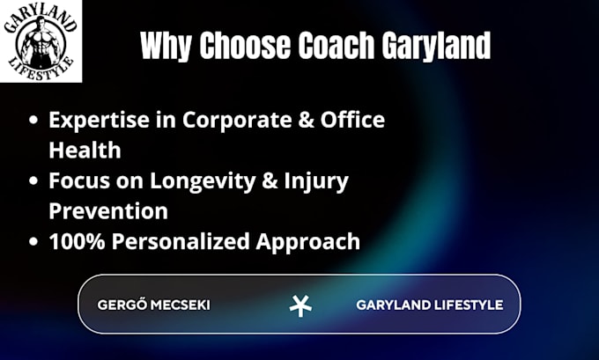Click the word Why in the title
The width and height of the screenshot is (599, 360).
coord(166,46)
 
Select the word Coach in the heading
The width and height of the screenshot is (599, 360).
coord(336,45)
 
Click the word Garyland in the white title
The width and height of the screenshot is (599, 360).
coord(436,46)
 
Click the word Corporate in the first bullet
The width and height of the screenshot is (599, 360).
coord(237,121)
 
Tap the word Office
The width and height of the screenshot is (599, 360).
coord(352,120)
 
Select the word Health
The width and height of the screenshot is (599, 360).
coord(85,150)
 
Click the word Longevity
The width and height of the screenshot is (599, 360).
coord(203,181)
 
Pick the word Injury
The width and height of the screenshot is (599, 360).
coord(316,181)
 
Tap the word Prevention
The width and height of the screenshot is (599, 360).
coord(108,210)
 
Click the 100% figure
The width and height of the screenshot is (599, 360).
coord(77,241)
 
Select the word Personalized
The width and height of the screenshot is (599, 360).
coord(181,241)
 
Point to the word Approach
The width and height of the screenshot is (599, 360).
coord(308,242)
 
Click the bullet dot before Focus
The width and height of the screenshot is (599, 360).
coord(33,180)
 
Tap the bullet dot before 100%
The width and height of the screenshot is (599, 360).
coord(33,241)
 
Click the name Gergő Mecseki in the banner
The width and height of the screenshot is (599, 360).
coord(153,305)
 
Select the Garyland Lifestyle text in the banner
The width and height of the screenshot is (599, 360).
coord(430,305)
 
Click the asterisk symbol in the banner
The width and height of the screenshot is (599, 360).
coord(300,306)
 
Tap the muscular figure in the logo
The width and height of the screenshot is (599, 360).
coord(41,42)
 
